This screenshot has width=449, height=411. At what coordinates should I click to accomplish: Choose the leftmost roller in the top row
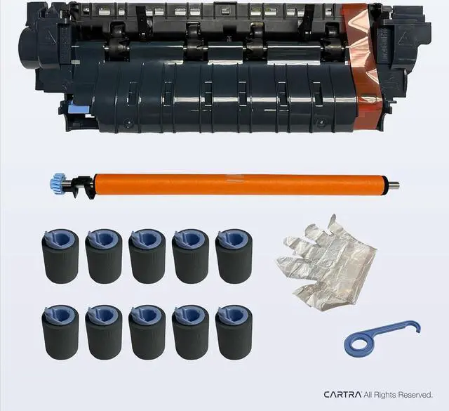pos(58,256)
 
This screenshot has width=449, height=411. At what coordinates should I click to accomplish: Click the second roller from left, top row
pos(102,256)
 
